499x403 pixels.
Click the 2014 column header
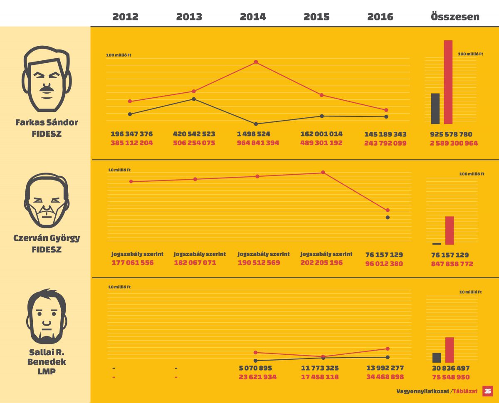pos(253,17)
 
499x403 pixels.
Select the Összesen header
pos(455,17)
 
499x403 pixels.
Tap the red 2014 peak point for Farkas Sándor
pos(256,62)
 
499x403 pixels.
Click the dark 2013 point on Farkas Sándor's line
pos(194,99)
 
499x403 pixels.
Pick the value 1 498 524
pos(254,134)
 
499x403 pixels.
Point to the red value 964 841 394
pos(258,143)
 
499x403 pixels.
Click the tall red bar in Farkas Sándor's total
pos(448,82)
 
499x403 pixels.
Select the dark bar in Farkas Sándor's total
pos(435,109)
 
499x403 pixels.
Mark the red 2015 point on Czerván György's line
pos(323,173)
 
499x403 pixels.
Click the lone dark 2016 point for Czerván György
pos(388,218)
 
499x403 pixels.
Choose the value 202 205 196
pos(321,263)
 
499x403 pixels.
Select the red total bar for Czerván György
pos(450,230)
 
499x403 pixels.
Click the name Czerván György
pos(47,239)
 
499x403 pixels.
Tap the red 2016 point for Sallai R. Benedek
pos(388,349)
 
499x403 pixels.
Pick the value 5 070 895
pos(255,368)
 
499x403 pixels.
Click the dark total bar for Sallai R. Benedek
pos(437,358)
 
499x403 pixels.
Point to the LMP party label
pos(47,372)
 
